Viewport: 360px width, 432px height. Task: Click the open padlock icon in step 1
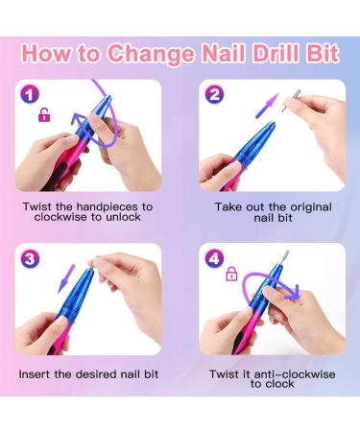[x=41, y=116]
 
